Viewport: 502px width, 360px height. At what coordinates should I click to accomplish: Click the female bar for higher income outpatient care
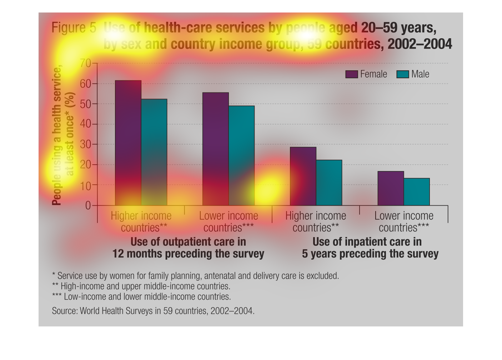(x=128, y=143)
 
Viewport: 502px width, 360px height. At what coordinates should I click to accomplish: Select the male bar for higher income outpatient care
(x=154, y=152)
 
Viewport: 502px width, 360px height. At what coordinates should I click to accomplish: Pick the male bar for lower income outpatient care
(x=241, y=155)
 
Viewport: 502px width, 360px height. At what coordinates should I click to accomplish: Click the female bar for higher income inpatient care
(x=303, y=176)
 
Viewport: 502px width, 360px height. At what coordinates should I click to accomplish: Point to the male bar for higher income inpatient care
(x=329, y=182)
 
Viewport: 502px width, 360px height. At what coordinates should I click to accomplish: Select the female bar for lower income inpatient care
(x=391, y=188)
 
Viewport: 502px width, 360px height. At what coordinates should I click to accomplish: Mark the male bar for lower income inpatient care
(x=417, y=192)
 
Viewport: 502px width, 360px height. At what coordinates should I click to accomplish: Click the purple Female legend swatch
(x=351, y=74)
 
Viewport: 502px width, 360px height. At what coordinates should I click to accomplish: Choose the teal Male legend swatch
(x=403, y=74)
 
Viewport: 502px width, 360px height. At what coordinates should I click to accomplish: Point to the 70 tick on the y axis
(x=85, y=64)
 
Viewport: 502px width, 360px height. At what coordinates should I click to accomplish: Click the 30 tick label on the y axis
(x=85, y=145)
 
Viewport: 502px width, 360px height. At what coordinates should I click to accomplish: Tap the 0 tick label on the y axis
(x=88, y=205)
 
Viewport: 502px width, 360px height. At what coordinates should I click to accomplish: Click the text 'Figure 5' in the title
(x=74, y=28)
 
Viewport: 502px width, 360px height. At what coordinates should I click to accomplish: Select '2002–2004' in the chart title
(x=420, y=44)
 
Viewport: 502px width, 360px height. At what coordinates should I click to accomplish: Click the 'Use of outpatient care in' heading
(x=188, y=242)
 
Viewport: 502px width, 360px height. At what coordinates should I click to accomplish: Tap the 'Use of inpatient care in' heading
(x=367, y=242)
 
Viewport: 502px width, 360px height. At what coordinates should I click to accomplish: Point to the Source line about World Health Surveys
(x=153, y=311)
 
